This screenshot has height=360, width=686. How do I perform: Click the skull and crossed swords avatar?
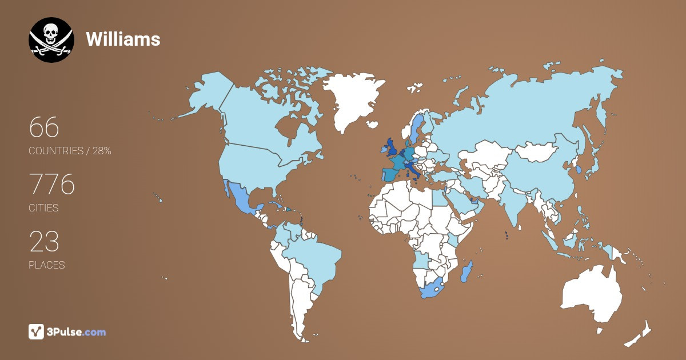point(51,40)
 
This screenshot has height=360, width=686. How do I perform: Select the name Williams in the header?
point(123,39)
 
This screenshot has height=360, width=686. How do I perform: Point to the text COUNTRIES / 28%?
point(70,151)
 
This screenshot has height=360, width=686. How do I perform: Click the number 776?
point(51,184)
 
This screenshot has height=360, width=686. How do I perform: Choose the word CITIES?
point(43,208)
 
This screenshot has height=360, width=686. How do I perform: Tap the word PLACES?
point(46,265)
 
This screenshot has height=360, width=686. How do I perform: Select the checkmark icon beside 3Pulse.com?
point(36,331)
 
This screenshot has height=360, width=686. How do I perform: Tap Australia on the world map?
point(592,294)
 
